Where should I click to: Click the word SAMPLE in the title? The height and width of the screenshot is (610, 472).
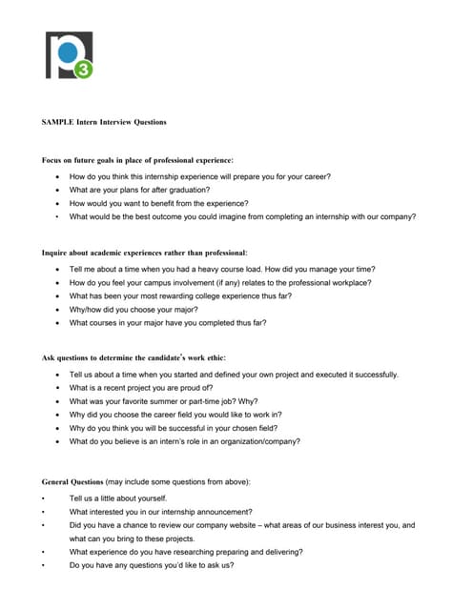[x=58, y=122]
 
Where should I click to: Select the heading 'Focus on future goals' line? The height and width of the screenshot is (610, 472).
[x=136, y=159]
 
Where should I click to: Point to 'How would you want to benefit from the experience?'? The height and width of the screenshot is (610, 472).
[x=158, y=203]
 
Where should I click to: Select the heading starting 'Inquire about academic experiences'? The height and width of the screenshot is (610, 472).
[x=144, y=253]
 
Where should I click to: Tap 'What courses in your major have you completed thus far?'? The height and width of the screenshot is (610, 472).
[x=168, y=322]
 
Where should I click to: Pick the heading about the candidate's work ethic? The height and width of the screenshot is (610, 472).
[x=133, y=357]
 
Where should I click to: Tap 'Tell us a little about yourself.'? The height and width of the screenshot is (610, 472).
[x=118, y=498]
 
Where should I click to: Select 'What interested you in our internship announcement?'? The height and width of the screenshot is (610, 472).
[x=160, y=511]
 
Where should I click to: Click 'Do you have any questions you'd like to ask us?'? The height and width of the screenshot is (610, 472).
[x=152, y=564]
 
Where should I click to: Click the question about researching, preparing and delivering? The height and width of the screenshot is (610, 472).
[x=186, y=551]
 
